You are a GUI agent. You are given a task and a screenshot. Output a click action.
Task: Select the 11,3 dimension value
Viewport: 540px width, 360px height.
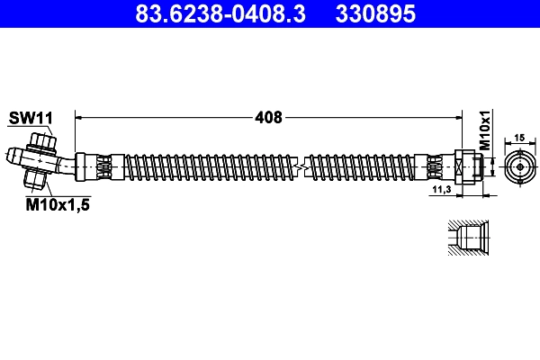441,191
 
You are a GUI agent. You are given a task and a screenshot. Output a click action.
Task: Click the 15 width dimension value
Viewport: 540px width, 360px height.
519,138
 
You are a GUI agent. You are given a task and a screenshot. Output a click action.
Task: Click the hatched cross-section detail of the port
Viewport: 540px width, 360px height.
467,238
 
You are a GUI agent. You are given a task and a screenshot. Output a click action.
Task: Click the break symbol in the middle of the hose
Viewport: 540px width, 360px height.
303,166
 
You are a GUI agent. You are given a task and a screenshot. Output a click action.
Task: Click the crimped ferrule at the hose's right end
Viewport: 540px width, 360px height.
436,166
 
